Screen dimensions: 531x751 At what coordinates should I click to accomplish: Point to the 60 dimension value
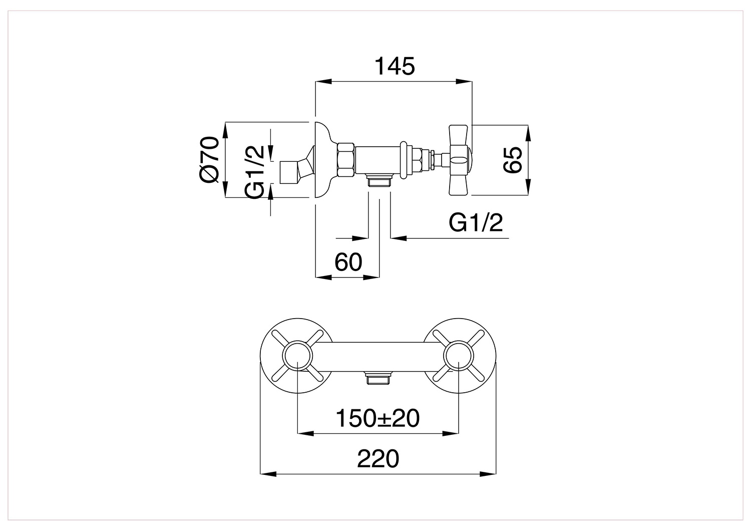(348, 261)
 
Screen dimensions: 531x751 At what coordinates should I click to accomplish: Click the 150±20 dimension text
(378, 418)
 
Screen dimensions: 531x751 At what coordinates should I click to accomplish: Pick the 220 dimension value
(378, 458)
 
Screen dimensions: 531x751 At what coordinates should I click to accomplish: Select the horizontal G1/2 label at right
(476, 223)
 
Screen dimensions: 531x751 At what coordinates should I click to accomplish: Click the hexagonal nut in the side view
(345, 160)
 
